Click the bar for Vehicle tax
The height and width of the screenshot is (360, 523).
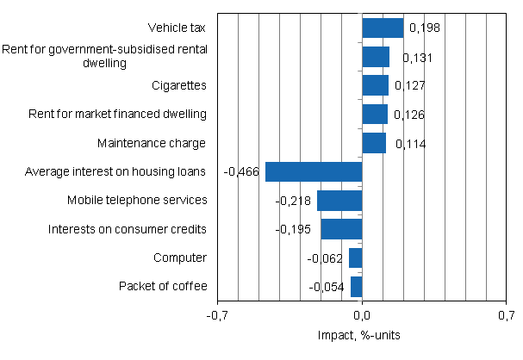pyautogui.click(x=383, y=28)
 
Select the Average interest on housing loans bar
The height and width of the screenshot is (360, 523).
pyautogui.click(x=314, y=171)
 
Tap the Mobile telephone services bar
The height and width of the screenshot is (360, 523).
pyautogui.click(x=339, y=200)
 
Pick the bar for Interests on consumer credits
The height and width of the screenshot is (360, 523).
pyautogui.click(x=341, y=229)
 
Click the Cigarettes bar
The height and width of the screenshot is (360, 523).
pyautogui.click(x=375, y=85)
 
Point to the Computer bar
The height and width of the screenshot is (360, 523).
pyautogui.click(x=356, y=258)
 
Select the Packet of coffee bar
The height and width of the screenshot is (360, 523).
pyautogui.click(x=357, y=286)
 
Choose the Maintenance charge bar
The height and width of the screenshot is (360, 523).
pyautogui.click(x=374, y=143)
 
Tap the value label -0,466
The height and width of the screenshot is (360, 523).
pyautogui.click(x=242, y=172)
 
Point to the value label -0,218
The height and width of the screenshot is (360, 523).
pyautogui.click(x=294, y=201)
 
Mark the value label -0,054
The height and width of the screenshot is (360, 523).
pyautogui.click(x=327, y=287)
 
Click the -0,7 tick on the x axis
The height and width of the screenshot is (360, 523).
pyautogui.click(x=218, y=316)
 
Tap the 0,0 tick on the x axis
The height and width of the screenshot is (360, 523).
pyautogui.click(x=362, y=316)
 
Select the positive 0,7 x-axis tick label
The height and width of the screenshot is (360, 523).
pyautogui.click(x=506, y=316)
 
